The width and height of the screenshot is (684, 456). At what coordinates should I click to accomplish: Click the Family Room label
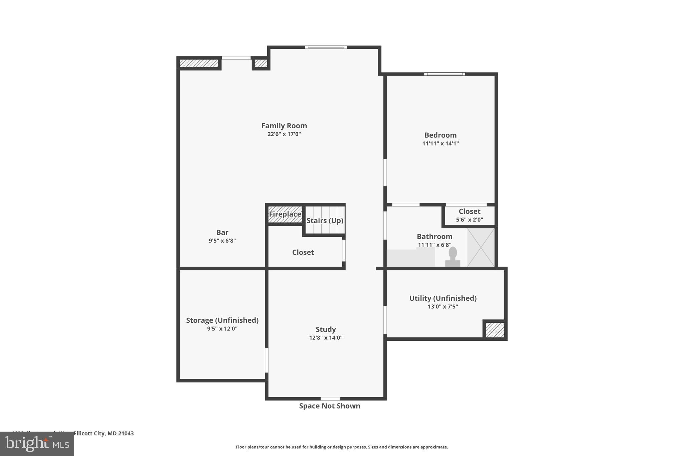click(284, 126)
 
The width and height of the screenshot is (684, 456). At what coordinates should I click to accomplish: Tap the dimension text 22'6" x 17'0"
click(284, 134)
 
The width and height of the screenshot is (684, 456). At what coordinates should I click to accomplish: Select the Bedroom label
click(440, 135)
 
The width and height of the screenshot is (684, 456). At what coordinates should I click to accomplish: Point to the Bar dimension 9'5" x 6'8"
click(222, 241)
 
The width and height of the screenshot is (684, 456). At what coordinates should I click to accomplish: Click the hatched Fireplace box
click(285, 214)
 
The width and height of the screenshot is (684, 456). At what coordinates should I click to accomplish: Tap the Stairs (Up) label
click(325, 220)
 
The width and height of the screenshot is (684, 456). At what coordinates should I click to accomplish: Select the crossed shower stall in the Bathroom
click(481, 247)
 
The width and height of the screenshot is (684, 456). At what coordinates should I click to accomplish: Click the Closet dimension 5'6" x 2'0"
click(469, 220)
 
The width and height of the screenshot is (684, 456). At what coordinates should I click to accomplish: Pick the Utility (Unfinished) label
click(443, 298)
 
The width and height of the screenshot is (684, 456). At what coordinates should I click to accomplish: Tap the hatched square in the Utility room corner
click(495, 330)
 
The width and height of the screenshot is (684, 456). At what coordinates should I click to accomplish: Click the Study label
click(326, 329)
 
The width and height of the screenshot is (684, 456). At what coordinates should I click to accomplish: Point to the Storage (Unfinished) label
click(222, 320)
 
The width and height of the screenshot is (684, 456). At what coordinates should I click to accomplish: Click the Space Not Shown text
click(329, 406)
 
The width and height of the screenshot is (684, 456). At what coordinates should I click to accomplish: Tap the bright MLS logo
click(37, 444)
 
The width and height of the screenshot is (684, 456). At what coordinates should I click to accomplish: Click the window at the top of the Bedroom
click(444, 74)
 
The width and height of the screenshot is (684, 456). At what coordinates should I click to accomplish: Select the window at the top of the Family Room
click(326, 47)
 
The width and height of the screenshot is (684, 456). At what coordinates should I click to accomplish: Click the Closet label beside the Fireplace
click(303, 252)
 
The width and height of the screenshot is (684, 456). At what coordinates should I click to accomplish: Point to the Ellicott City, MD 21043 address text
click(103, 433)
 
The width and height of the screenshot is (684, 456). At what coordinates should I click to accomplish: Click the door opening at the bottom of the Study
click(330, 399)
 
